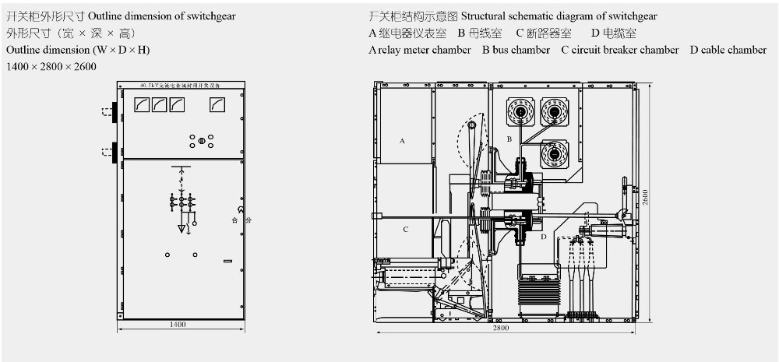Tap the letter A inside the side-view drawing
coord(402,141)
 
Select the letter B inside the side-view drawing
coord(509,139)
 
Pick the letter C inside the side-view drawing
coord(405,230)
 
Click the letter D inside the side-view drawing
coord(544,236)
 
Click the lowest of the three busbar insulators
coord(554,154)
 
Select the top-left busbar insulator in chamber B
coord(519,112)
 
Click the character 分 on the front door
coord(249,221)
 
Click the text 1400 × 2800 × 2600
coord(51,67)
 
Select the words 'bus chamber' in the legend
coord(520,50)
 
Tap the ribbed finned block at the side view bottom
coord(539,292)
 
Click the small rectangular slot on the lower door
coord(227,262)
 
